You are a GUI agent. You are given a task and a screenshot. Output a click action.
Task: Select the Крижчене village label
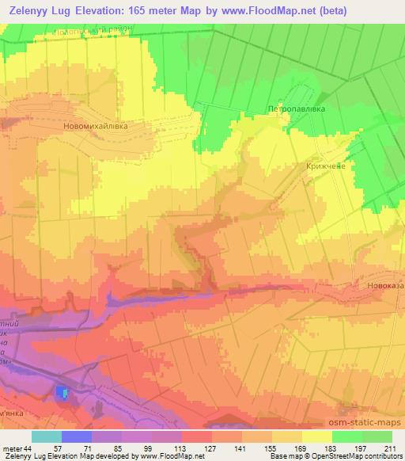[x=325, y=166]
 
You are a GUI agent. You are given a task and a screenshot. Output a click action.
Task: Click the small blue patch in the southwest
[x=62, y=392]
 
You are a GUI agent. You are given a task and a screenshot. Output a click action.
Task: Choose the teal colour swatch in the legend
[x=47, y=436]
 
